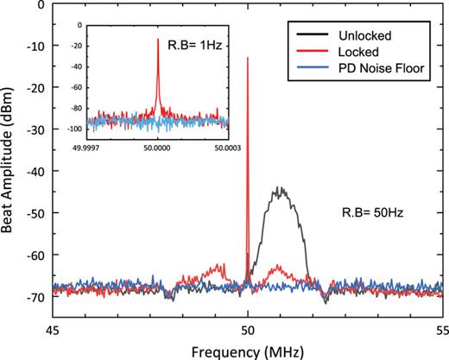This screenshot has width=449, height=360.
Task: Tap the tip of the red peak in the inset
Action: [x=157, y=39]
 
